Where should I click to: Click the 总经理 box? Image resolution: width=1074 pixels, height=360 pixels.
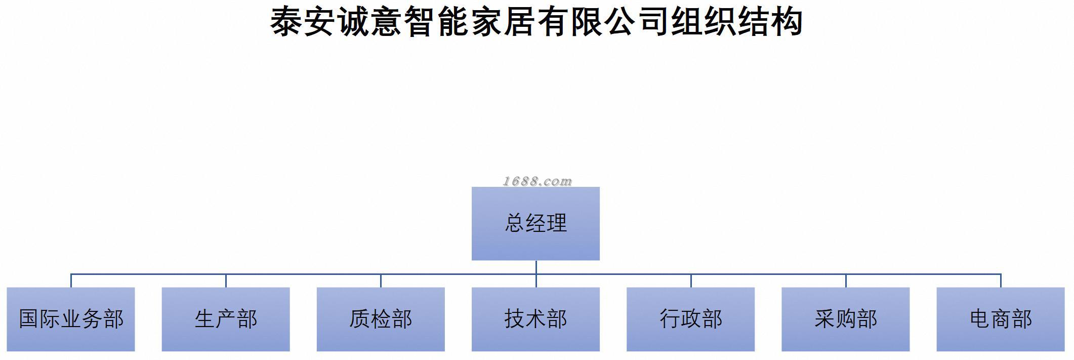tap(535, 223)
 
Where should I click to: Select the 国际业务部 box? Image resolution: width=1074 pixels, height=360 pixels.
tap(71, 319)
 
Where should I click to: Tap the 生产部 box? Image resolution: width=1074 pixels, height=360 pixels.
tap(226, 319)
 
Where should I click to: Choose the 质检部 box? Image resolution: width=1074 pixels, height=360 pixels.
tap(381, 319)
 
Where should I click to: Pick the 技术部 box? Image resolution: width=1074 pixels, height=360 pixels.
tap(535, 319)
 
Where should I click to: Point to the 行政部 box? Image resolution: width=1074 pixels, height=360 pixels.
tap(690, 319)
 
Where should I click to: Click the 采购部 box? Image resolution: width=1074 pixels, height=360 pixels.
tap(845, 319)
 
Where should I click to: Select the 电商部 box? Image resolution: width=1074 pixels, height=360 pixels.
tap(1001, 319)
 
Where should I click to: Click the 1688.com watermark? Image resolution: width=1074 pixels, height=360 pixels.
tap(537, 181)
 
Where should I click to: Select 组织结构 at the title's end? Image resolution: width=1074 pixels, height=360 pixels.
tap(736, 22)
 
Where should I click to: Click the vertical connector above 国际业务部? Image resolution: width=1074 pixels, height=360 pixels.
tap(71, 281)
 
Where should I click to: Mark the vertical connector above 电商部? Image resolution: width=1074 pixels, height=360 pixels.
tap(1001, 281)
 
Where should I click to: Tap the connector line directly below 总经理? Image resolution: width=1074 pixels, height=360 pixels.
tap(535, 267)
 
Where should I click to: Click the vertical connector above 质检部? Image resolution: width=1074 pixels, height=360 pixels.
tap(381, 281)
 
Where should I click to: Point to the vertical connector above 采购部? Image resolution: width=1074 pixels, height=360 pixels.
tap(845, 281)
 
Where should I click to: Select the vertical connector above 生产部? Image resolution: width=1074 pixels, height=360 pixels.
tap(226, 281)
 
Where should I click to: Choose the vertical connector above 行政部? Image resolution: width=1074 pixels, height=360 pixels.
tap(690, 281)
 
